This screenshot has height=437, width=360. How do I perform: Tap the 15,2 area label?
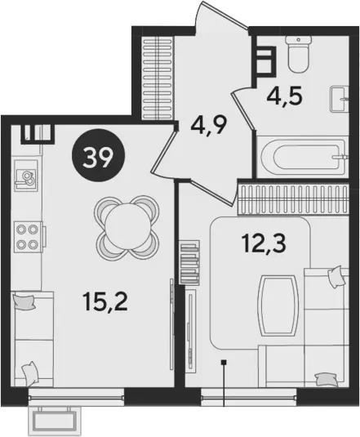(x=104, y=302)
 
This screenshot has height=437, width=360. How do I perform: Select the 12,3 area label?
(x=264, y=243)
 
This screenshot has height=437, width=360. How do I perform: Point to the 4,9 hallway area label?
(x=209, y=125)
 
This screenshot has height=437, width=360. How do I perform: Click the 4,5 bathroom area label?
(x=284, y=96)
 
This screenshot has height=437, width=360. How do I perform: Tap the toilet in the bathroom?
(x=298, y=55)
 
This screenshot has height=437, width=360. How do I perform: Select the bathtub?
(x=303, y=156)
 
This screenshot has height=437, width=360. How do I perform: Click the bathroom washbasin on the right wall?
(x=340, y=99)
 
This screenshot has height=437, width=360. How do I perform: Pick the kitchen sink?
(x=26, y=175)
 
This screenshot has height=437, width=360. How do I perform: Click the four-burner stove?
(x=29, y=237)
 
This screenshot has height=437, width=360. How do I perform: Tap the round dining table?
(x=127, y=225)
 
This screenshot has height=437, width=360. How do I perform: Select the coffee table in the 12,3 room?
(x=278, y=305)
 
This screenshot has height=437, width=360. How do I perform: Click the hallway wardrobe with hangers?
(x=158, y=78)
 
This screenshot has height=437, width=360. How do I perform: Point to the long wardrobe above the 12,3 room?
(x=293, y=199)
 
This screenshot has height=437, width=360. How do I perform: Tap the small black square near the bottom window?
(x=224, y=363)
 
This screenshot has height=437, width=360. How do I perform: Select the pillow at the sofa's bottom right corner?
(x=326, y=380)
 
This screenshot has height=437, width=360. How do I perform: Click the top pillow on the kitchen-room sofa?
(x=24, y=302)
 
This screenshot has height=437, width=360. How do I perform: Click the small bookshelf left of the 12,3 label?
(x=190, y=262)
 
